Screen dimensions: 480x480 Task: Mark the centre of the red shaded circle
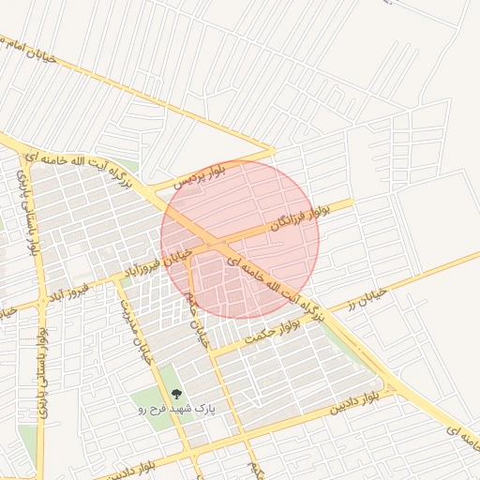pos(240,240)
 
